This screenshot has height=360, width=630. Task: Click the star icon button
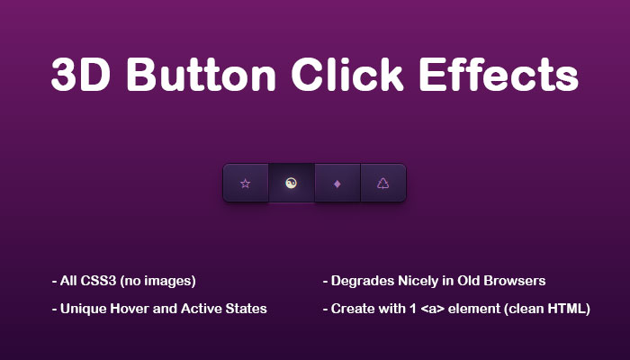point(246,184)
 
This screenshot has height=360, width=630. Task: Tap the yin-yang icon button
point(292,184)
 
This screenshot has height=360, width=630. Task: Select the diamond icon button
point(337,184)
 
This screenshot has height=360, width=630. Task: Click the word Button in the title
point(201,75)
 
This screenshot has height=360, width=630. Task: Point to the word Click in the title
point(347,75)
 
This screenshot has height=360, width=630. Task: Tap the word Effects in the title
point(499,75)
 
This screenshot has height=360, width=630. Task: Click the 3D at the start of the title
point(80,75)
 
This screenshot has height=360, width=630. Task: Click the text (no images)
point(157,281)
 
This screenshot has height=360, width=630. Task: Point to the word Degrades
point(363,281)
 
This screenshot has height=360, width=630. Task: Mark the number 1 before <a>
point(413,309)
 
